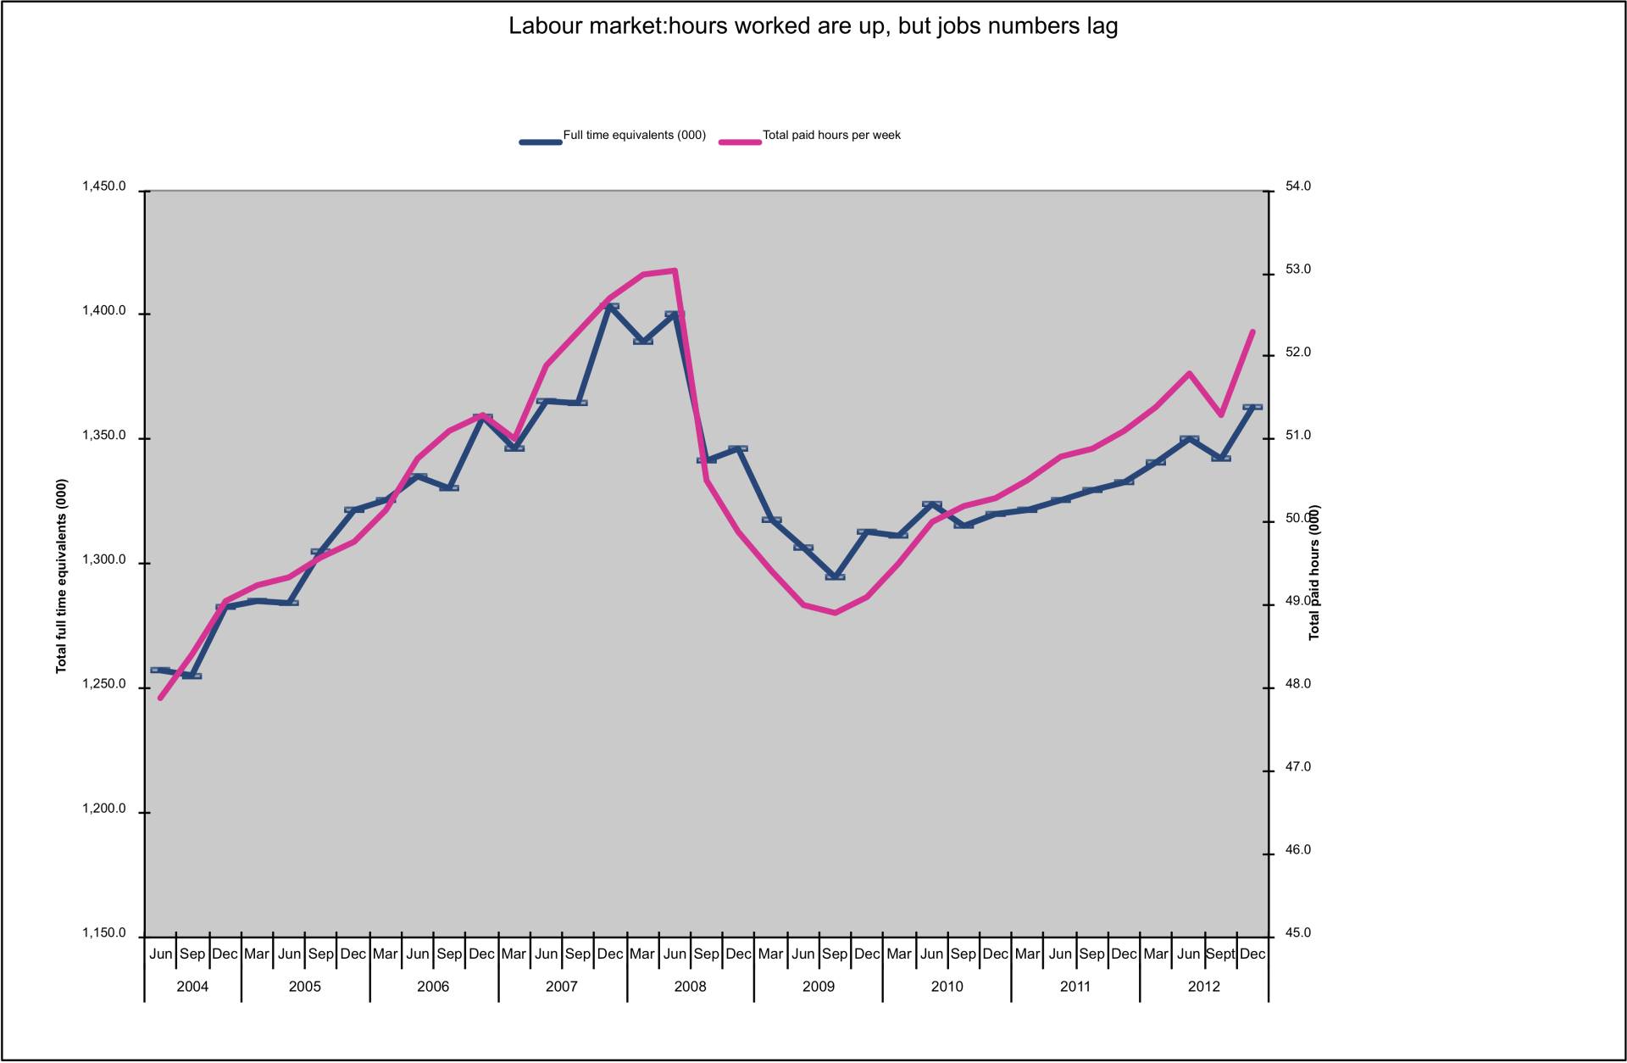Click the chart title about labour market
[x=813, y=26]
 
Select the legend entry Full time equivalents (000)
[x=634, y=136]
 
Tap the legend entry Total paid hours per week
[x=830, y=136]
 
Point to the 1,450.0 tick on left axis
[x=104, y=187]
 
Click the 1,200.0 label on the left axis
[x=104, y=810]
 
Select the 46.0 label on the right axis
[x=1297, y=850]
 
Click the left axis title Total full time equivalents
[x=61, y=576]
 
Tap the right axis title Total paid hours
[x=1314, y=573]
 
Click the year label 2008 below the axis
[x=690, y=987]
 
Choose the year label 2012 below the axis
[x=1203, y=987]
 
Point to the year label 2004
[x=192, y=987]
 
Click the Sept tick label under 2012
[x=1220, y=954]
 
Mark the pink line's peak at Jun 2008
[x=675, y=270]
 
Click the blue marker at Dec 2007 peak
[x=610, y=306]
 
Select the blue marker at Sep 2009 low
[x=835, y=576]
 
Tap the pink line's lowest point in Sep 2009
[x=835, y=612]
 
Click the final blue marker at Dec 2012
[x=1252, y=407]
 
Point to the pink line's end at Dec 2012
[x=1252, y=331]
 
